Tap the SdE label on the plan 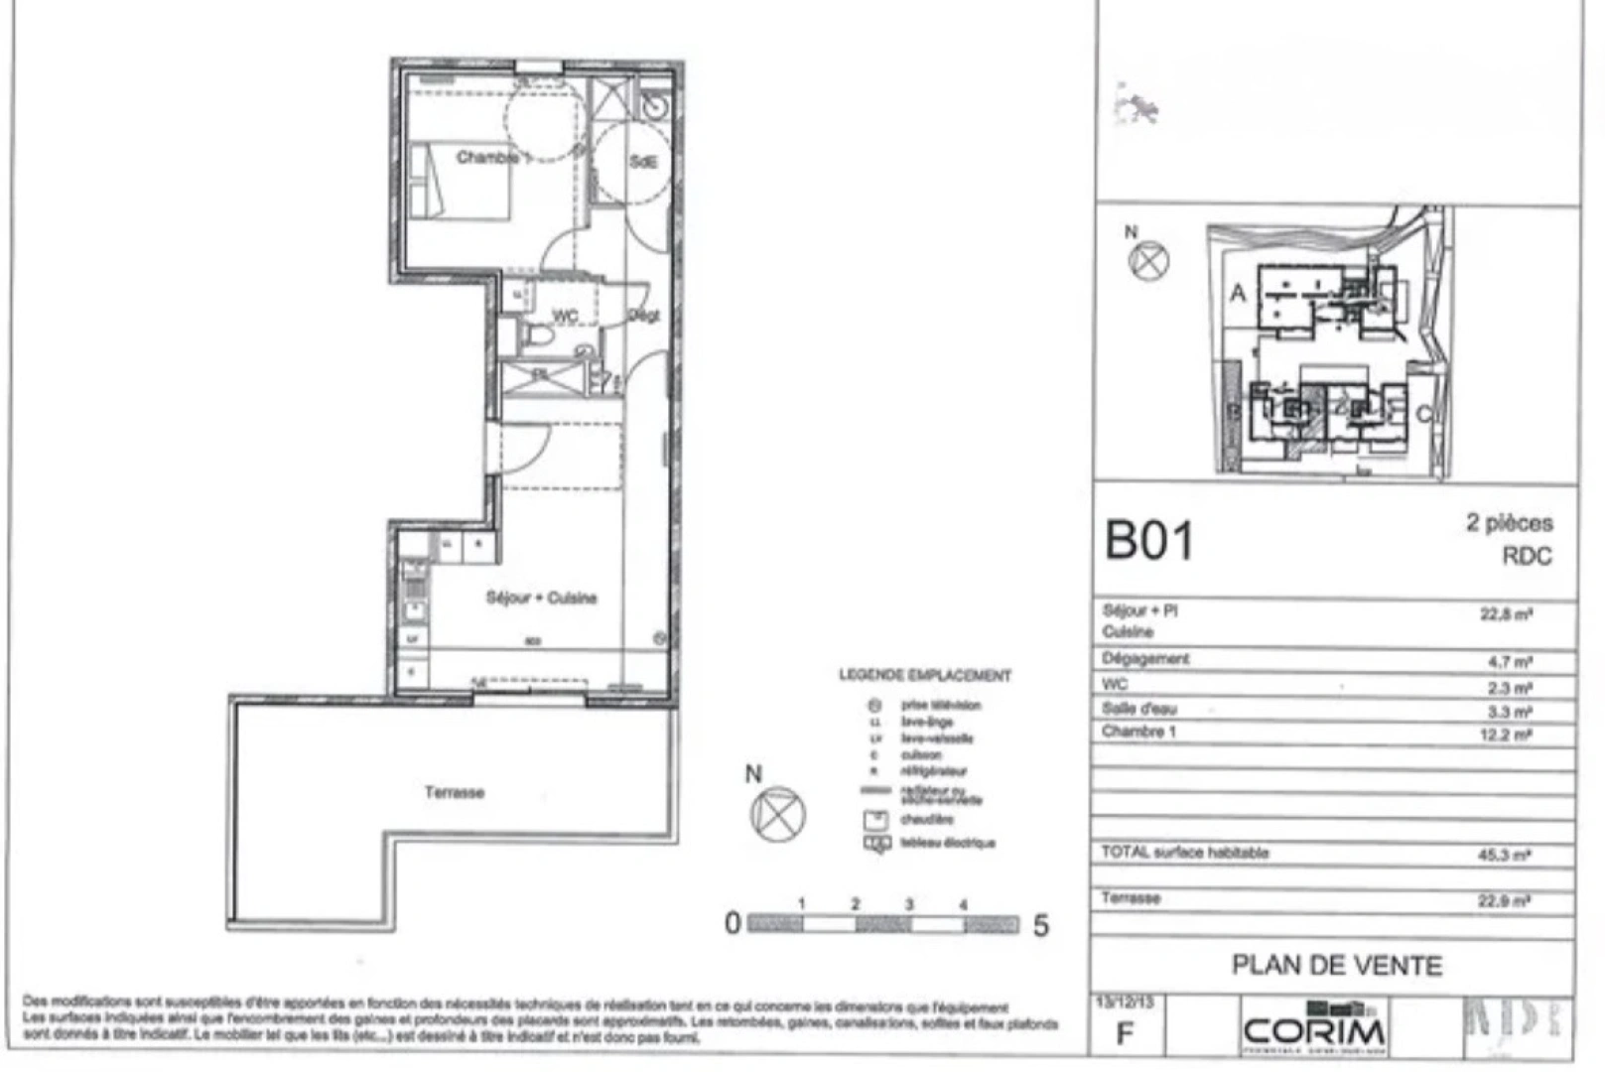[643, 161]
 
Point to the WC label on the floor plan [564, 316]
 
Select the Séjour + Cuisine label [541, 598]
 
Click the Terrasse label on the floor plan [455, 792]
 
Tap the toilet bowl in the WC [539, 336]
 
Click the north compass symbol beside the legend [778, 814]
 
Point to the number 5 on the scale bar [1040, 925]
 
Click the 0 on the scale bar [733, 923]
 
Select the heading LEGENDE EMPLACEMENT [925, 676]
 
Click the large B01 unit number [1149, 541]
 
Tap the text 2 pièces [1509, 523]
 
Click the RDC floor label [1527, 556]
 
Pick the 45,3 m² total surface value [1505, 854]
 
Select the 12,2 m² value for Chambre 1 [1506, 735]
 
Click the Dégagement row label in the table [1145, 659]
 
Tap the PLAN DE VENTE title [1336, 965]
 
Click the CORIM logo [1314, 1029]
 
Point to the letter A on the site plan [1238, 293]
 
